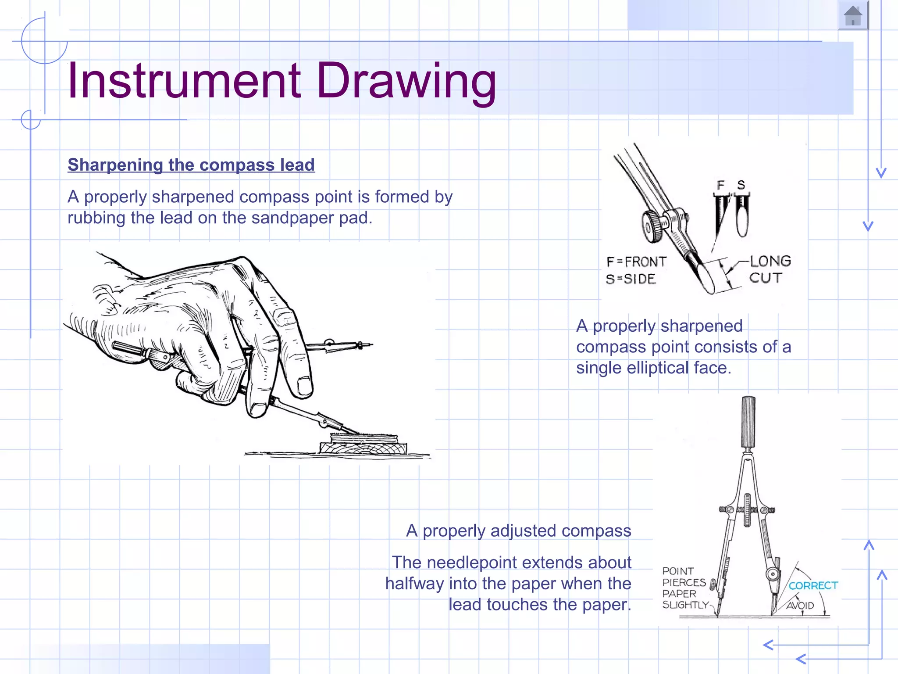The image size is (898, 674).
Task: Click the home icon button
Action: (x=853, y=16)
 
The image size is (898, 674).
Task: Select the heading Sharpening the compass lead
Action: (x=191, y=165)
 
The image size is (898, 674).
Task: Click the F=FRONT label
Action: (x=636, y=262)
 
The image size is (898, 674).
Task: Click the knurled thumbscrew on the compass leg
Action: (x=652, y=226)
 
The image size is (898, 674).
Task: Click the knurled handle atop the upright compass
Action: (x=748, y=421)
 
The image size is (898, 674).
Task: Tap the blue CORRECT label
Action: (x=812, y=585)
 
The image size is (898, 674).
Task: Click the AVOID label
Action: (x=800, y=606)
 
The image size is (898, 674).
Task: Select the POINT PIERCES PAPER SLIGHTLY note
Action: (x=684, y=588)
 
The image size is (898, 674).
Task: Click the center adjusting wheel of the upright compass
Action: (x=747, y=510)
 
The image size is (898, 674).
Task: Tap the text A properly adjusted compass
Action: (x=518, y=531)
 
